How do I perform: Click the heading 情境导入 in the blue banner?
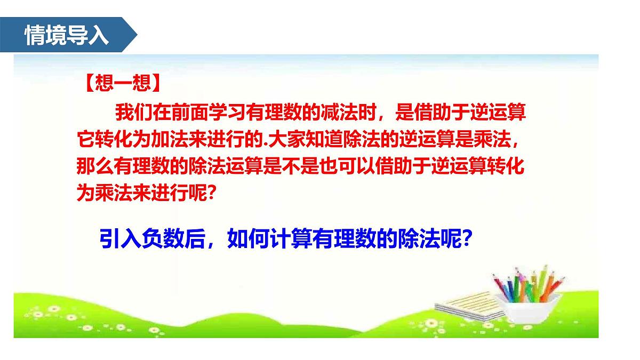(x=67, y=35)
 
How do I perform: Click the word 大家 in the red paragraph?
(x=285, y=141)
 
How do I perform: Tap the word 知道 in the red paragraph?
(x=323, y=141)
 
